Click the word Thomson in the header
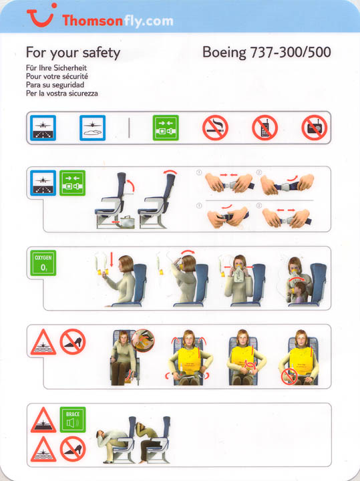point(92,21)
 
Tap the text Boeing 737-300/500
point(266,52)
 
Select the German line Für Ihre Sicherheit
point(56,67)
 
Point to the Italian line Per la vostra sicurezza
point(62,94)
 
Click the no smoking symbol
point(215,128)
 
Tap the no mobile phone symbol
point(265,128)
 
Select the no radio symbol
point(315,128)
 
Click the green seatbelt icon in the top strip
point(166,128)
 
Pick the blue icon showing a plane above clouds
point(92,128)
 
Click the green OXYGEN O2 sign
point(43,263)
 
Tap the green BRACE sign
point(73,420)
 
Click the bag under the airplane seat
point(127,222)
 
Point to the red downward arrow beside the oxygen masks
point(112,259)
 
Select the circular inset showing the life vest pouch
point(143,341)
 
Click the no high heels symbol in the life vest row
point(73,342)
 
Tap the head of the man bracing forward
point(101,434)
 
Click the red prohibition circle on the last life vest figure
point(289,376)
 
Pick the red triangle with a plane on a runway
point(43,420)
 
